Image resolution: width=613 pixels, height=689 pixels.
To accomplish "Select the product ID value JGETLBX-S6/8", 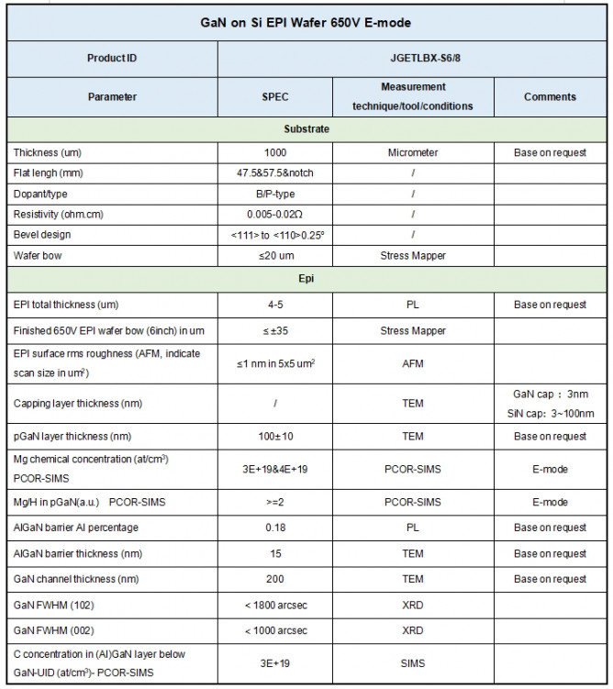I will tap(413, 58).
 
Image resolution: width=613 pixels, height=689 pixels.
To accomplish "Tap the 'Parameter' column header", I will tap(112, 96).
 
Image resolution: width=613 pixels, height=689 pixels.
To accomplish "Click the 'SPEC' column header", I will tap(273, 96).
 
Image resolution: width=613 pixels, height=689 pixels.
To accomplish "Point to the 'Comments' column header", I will tap(550, 96).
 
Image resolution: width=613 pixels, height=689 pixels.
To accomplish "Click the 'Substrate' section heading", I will tap(306, 129).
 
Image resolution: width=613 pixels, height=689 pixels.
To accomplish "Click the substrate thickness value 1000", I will tap(273, 152).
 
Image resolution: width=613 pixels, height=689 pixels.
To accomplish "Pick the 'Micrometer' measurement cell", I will tap(413, 152).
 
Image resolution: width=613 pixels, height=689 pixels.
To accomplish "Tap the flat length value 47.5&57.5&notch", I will tap(273, 173).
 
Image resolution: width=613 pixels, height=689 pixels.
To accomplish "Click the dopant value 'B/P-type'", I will tap(273, 194).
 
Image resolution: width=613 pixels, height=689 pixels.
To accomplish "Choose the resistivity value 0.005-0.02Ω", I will tap(273, 215).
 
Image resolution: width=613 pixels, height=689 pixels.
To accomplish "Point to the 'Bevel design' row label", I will tap(42, 235).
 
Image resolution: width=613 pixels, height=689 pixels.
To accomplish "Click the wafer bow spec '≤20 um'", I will tap(273, 256).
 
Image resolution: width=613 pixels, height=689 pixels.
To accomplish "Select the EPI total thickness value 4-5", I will tap(273, 305).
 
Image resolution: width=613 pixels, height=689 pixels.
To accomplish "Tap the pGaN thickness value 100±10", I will tap(273, 437).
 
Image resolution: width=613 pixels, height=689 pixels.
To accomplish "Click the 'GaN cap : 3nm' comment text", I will tap(550, 393).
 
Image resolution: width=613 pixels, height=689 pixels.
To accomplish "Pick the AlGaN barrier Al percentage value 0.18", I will tap(273, 528).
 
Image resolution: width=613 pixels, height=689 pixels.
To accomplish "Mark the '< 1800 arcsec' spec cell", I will tap(273, 606).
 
